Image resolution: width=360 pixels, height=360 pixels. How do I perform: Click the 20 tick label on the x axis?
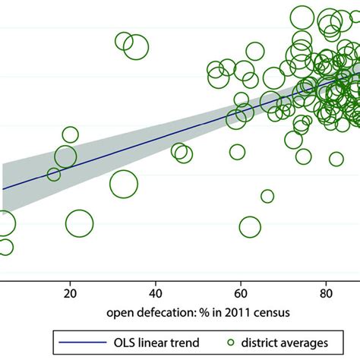[x=71, y=293]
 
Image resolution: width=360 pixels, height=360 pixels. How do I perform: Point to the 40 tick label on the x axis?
[x=156, y=293]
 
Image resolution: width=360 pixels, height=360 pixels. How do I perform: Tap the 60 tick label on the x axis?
[x=241, y=293]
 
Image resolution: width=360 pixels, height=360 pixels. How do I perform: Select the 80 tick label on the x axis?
[x=326, y=293]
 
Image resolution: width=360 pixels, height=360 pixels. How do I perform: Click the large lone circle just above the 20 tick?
[x=79, y=223]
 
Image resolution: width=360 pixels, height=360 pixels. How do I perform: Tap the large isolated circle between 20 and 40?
[x=123, y=183]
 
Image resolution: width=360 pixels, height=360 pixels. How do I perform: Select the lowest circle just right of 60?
[x=249, y=226]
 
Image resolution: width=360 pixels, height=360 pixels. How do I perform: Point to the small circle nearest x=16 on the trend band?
[x=54, y=174]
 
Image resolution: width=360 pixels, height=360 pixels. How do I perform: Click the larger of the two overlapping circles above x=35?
[x=135, y=47]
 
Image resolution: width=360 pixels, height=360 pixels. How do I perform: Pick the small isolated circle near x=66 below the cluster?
[x=267, y=196]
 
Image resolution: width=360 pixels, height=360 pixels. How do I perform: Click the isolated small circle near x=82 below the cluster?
[x=336, y=159]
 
